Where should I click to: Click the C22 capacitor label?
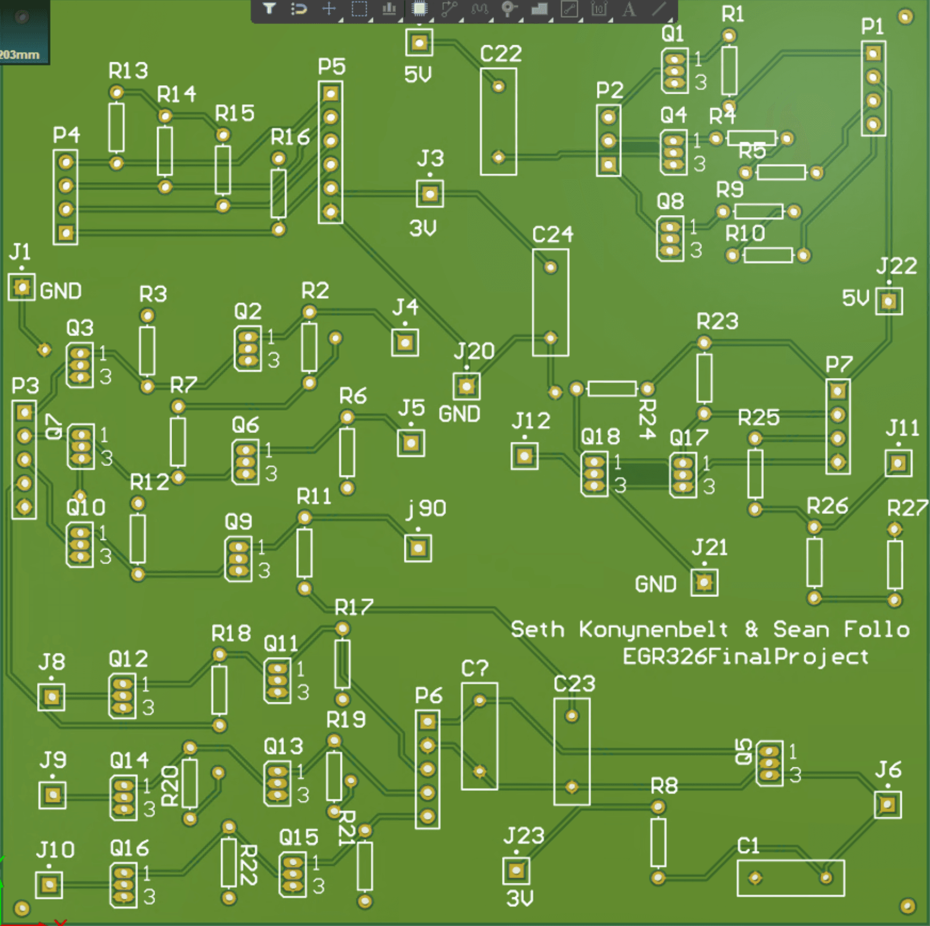pos(500,54)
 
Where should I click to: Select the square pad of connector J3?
pos(430,193)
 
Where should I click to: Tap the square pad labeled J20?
pos(467,386)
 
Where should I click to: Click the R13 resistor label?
pos(128,70)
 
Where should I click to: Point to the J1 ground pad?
pos(22,287)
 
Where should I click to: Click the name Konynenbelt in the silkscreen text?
pos(653,629)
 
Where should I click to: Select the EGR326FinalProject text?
pos(745,656)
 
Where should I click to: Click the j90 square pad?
pos(418,548)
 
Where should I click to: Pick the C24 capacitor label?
pos(552,234)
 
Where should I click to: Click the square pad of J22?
pos(889,302)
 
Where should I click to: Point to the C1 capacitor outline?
pos(790,878)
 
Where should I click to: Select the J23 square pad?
pos(516,871)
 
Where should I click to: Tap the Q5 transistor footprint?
pos(769,763)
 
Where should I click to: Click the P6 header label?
pos(429,695)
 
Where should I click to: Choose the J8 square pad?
pos(51,697)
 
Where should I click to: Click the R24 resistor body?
pos(612,388)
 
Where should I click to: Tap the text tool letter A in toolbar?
pos(629,9)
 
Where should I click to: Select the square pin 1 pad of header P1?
pos(873,53)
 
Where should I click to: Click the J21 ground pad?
pos(704,582)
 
